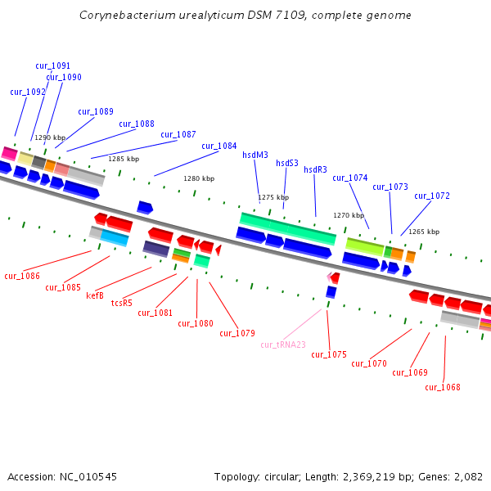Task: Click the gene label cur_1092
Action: [28, 92]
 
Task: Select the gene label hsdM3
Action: [255, 155]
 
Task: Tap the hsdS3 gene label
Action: [287, 163]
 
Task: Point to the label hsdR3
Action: [315, 170]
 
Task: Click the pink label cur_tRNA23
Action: [283, 345]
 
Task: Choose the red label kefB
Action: [95, 295]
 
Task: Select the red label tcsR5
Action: [121, 304]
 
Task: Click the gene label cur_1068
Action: [443, 388]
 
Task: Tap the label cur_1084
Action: [219, 146]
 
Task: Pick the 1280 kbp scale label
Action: [199, 178]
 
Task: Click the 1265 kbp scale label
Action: [424, 232]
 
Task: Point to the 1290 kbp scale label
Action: [50, 138]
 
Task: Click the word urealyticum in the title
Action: [171, 16]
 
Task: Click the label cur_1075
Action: [329, 355]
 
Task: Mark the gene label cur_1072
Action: [431, 196]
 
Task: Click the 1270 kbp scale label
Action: [349, 216]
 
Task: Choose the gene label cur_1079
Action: [236, 334]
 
